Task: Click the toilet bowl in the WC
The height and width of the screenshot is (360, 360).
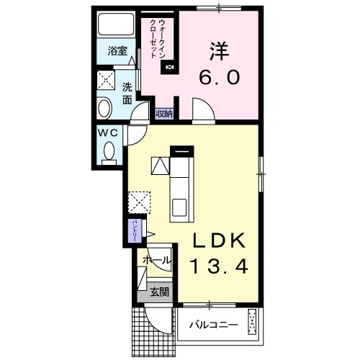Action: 109,152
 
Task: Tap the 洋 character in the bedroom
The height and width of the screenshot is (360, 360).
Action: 220,50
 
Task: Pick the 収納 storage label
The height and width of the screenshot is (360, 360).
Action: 164,113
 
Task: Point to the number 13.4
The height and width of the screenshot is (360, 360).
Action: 219,266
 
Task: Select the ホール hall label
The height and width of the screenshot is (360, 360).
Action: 156,259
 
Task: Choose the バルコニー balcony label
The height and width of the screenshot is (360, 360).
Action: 213,325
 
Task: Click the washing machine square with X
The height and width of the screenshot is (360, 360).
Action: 107,79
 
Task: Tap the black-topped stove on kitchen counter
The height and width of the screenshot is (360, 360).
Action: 182,151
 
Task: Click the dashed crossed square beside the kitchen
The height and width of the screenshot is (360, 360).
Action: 139,202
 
